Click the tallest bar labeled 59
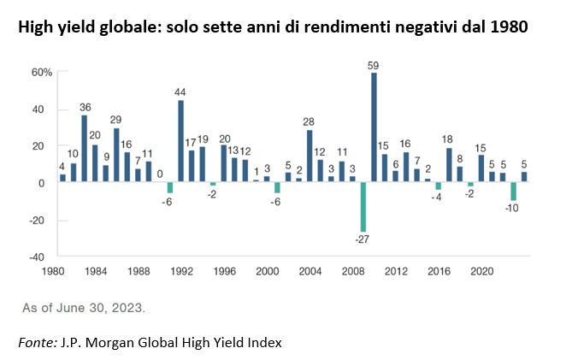[x=374, y=128]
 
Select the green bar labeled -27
[x=363, y=207]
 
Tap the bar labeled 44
[x=181, y=141]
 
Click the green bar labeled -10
[x=514, y=192]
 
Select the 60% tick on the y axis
[x=42, y=72]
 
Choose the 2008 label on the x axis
[x=352, y=272]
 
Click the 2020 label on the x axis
[x=481, y=272]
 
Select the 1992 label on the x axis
[x=182, y=272]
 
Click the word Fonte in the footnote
[x=36, y=342]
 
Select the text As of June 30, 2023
[x=83, y=307]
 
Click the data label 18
[x=448, y=139]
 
